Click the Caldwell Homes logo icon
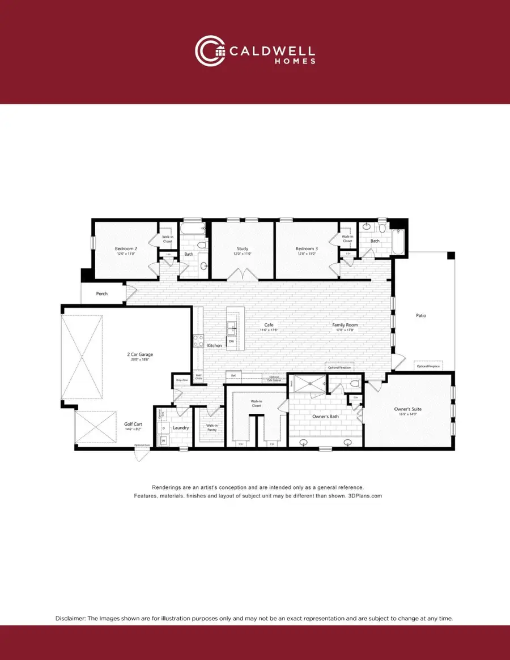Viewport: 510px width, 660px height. click(x=210, y=50)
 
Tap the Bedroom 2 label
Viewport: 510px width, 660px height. click(x=126, y=248)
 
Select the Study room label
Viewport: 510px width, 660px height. click(x=243, y=248)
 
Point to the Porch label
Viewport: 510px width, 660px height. click(x=101, y=294)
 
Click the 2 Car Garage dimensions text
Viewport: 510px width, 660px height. click(x=140, y=359)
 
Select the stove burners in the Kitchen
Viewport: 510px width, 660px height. click(x=199, y=340)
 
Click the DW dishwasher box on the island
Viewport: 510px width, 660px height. click(x=231, y=342)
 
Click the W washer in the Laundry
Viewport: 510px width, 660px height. click(x=163, y=440)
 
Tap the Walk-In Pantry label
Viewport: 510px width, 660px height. click(x=212, y=427)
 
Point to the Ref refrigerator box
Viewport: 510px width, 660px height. click(x=233, y=375)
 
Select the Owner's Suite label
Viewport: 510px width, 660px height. click(x=408, y=409)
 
